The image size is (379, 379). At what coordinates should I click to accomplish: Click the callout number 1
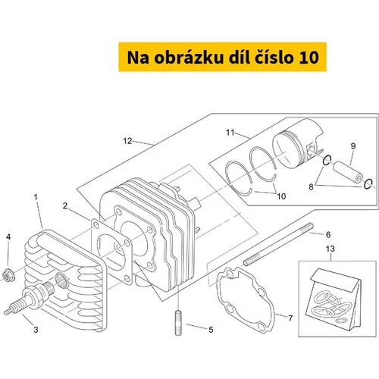[x=36, y=197]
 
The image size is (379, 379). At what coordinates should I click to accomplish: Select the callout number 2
[x=65, y=206]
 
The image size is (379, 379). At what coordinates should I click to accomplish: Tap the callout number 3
[x=36, y=330]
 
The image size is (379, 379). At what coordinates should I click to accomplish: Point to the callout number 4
[x=8, y=237]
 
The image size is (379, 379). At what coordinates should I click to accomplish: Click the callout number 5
[x=211, y=330]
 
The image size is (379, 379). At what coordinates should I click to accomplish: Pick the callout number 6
[x=328, y=235]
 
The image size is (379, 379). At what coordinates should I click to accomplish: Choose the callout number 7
[x=290, y=318]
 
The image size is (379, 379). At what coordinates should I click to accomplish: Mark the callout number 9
[x=353, y=146]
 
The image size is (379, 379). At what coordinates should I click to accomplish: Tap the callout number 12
[x=127, y=141]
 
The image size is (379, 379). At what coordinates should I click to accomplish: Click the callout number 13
[x=330, y=249]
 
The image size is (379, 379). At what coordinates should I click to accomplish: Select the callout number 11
[x=230, y=133]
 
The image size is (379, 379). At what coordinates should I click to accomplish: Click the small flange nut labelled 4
[x=8, y=276]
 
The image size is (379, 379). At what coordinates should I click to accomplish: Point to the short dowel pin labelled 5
[x=178, y=324]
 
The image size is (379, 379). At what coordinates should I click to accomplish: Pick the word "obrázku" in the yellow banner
[x=189, y=58]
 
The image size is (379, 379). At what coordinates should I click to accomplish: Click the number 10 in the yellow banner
[x=309, y=58]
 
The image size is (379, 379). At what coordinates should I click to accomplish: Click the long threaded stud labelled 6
[x=278, y=244]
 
